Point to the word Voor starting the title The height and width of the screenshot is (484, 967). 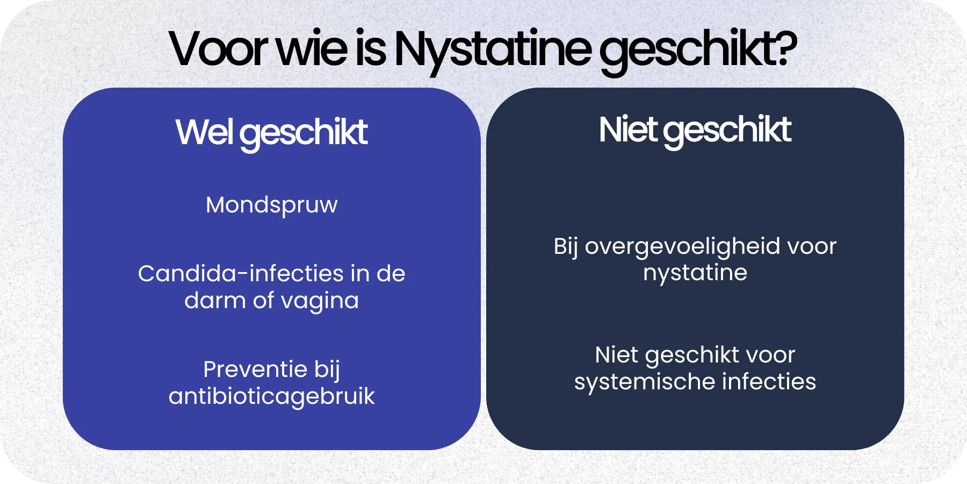218,49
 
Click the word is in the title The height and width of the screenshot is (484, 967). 370,49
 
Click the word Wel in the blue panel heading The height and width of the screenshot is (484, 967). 204,132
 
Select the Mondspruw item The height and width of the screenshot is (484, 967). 271,205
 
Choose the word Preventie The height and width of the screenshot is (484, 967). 255,369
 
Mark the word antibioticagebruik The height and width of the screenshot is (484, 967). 271,397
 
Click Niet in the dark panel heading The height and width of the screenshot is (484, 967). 627,130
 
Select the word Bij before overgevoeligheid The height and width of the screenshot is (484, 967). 566,247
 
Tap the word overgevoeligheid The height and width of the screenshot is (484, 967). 682,247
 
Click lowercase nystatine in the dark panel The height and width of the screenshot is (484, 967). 695,273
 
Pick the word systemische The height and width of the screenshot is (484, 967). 644,382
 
